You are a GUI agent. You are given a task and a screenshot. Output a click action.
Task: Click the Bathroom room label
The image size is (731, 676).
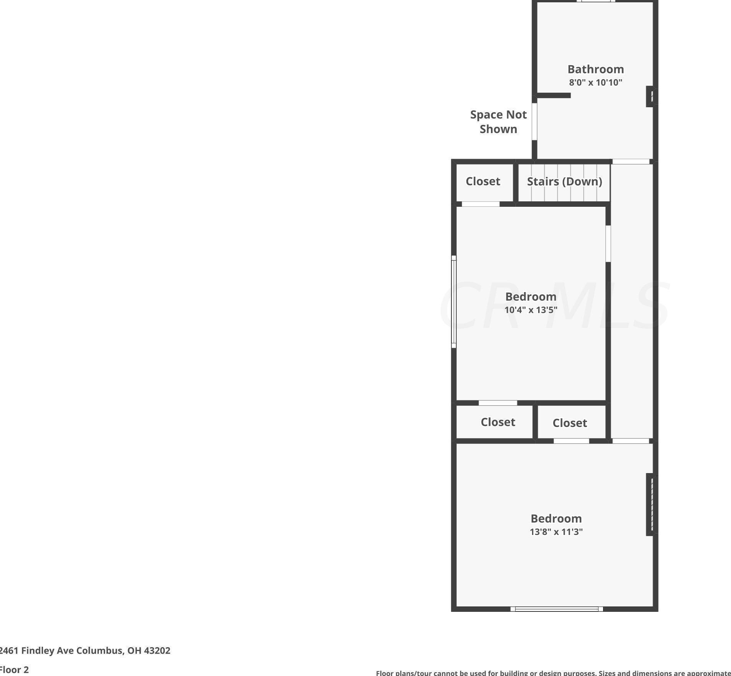tap(595, 70)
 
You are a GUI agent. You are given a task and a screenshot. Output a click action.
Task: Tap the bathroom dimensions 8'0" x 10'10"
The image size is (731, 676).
tap(595, 82)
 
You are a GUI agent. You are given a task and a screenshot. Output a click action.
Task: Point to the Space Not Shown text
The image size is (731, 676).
tap(498, 122)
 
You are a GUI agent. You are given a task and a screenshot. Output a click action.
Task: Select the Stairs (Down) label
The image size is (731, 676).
tap(564, 181)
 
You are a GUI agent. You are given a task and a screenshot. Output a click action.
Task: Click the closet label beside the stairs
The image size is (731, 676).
tap(483, 181)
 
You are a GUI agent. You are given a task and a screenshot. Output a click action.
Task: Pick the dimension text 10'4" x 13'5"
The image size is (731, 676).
tap(530, 310)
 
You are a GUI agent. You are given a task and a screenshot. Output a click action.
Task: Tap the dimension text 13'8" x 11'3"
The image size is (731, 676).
tap(556, 532)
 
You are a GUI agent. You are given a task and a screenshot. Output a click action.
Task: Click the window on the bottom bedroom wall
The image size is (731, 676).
tap(557, 609)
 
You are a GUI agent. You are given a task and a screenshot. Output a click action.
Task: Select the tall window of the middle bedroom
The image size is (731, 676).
tap(454, 302)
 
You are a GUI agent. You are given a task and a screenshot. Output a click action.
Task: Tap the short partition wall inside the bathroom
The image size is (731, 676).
tap(554, 95)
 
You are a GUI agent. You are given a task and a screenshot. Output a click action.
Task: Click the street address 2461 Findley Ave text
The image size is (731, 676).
tap(85, 650)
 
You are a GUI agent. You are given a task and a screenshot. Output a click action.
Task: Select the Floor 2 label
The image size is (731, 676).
tap(14, 669)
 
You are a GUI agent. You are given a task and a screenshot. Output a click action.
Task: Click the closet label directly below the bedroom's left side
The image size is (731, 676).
tap(498, 422)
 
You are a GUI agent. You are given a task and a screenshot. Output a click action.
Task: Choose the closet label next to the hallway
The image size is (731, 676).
tap(570, 423)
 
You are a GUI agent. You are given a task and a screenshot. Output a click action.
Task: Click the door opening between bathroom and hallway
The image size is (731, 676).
tap(630, 162)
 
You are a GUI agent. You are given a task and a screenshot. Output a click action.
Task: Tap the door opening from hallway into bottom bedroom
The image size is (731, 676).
tap(630, 441)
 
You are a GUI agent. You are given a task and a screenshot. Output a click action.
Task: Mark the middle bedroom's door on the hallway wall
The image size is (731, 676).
tap(608, 244)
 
